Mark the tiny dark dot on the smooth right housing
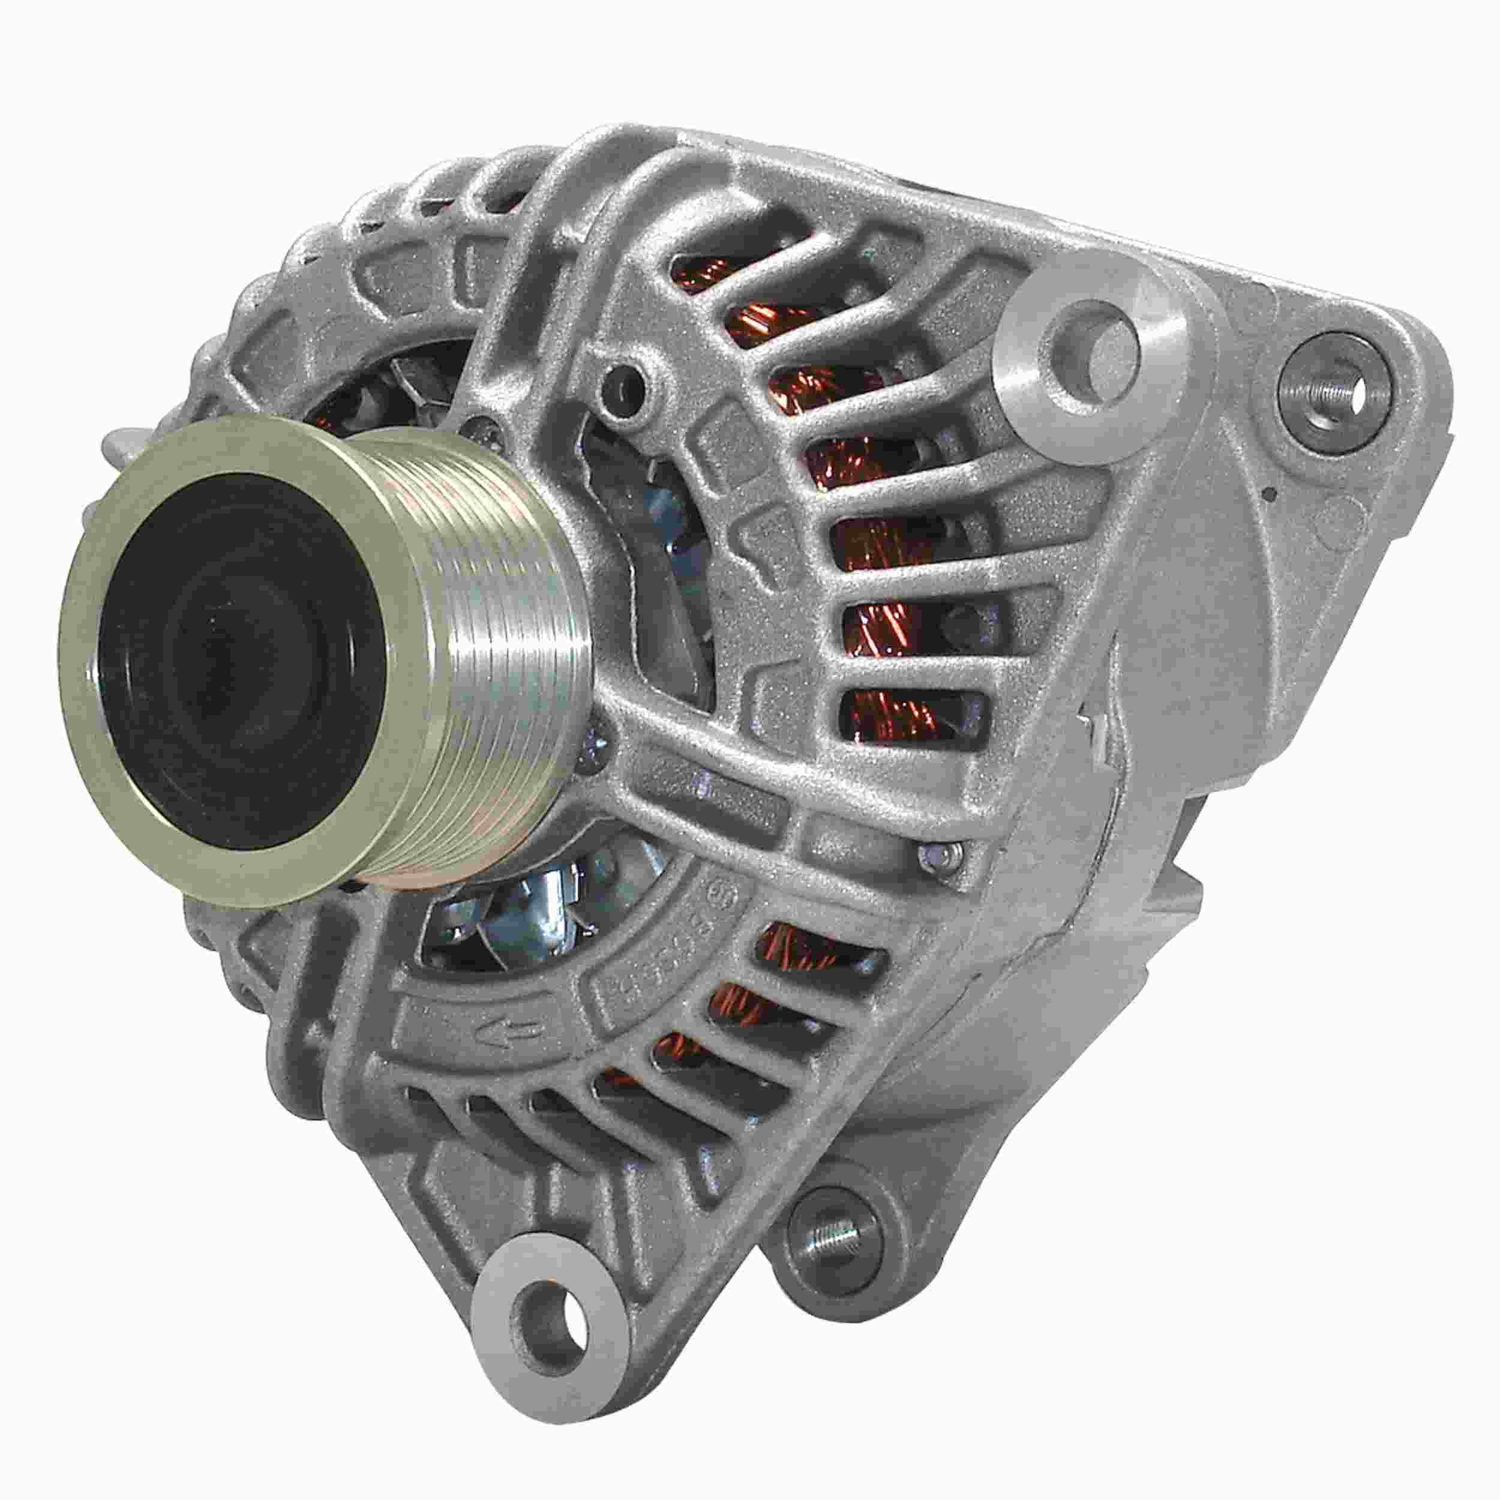coord(1270,492)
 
